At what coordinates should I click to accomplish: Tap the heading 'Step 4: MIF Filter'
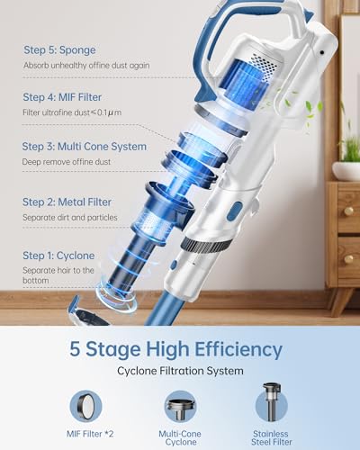point(64,95)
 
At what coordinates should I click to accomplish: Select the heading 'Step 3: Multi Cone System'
point(82,145)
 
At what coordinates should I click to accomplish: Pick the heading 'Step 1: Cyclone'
point(58,255)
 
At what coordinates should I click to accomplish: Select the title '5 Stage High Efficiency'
point(180,349)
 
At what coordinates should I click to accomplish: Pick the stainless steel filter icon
point(271,403)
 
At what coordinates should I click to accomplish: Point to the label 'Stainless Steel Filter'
point(271,437)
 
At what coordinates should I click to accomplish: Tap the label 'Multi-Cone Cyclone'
point(180,437)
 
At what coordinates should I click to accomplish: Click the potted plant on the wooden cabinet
point(346,153)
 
